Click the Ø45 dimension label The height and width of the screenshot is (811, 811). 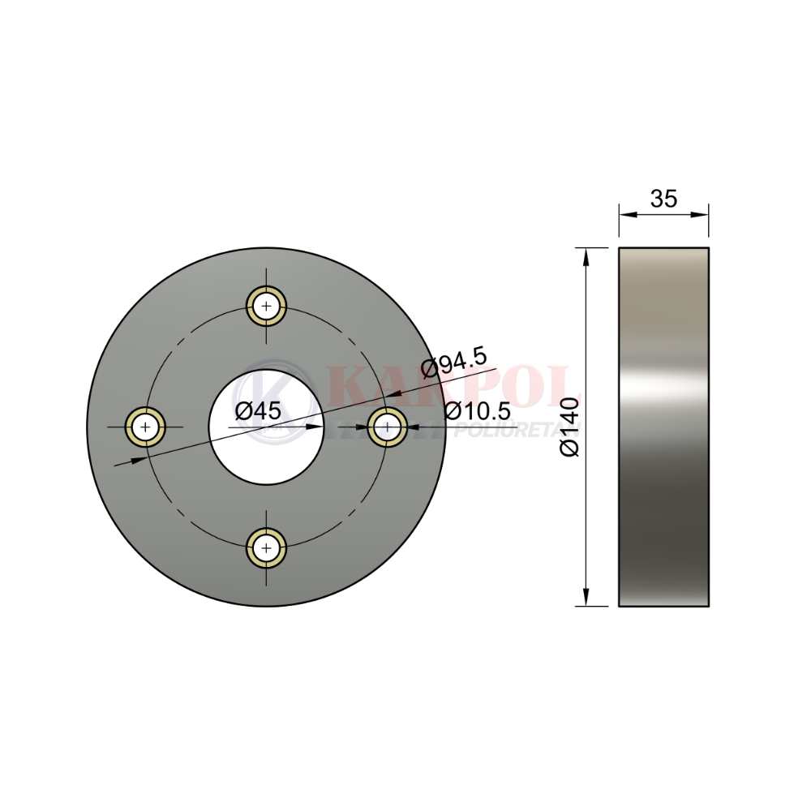(x=258, y=411)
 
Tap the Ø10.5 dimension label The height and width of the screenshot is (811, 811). (x=478, y=411)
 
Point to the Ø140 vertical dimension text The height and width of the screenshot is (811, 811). (x=569, y=427)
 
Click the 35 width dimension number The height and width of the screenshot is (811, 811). (x=663, y=199)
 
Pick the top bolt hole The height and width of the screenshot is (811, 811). (x=266, y=307)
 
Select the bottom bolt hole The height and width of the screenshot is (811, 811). (x=266, y=547)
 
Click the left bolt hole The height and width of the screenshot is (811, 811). (x=146, y=427)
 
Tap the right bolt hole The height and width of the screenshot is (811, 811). (x=387, y=427)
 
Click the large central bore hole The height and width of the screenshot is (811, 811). (x=266, y=427)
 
